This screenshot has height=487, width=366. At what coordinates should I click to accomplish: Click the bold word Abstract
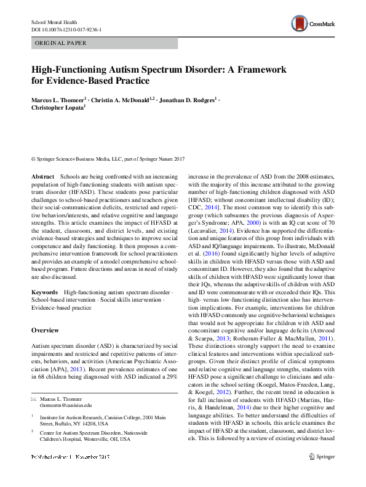(x=42, y=177)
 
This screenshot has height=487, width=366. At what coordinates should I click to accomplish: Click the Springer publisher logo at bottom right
(x=320, y=473)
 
